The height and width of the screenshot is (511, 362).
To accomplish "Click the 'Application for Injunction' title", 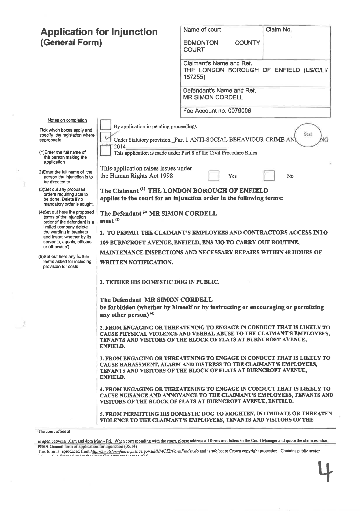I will [99, 32].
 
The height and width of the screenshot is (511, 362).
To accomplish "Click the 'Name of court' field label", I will [202, 30].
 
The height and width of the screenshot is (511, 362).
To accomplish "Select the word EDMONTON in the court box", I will [201, 43].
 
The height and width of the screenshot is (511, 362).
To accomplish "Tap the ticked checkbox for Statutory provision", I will [106, 137].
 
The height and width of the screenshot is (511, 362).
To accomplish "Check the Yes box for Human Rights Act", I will [214, 176].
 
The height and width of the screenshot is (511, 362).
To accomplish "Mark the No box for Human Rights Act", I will [269, 176].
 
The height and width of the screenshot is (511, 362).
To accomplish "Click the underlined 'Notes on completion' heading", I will [67, 120].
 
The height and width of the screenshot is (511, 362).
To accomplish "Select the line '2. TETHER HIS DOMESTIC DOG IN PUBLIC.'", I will [159, 282].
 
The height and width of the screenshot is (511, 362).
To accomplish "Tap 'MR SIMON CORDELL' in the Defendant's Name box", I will [213, 97].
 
